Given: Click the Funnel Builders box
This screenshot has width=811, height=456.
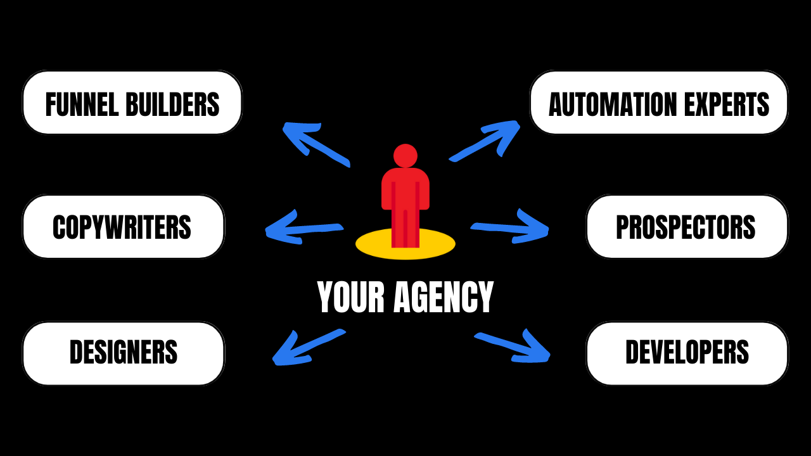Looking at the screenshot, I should tap(132, 103).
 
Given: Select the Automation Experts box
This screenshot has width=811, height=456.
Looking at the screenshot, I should tap(659, 103).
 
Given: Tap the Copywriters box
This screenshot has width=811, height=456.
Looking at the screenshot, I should tap(123, 227).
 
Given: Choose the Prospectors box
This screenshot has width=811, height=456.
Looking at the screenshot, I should tap(687, 227).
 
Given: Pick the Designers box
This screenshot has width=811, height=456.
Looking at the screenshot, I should tap(123, 353).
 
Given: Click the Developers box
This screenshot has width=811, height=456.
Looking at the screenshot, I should tap(687, 353).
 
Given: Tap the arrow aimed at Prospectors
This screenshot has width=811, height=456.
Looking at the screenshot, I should tap(511, 227).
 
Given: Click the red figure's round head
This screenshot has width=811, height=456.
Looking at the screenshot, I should tap(405, 156).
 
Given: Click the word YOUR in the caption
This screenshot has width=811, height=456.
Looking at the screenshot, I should tap(350, 298).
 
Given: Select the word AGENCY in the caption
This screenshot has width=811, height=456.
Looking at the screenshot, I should tap(444, 298).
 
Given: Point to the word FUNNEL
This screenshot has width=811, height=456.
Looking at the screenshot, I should tap(82, 104).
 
